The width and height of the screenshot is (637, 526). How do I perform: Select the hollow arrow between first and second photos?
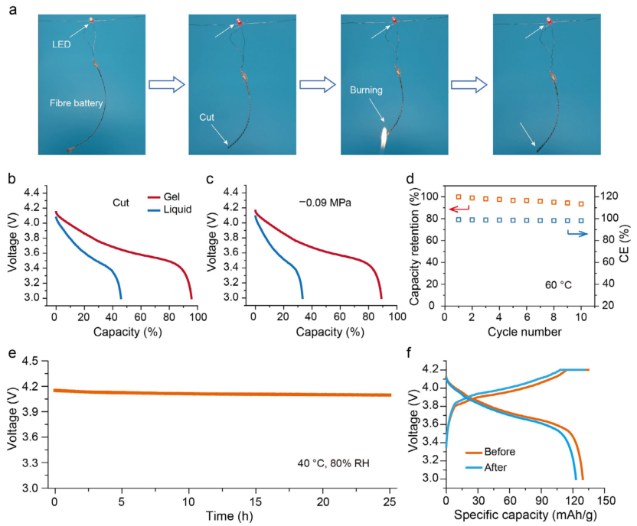(x=164, y=83)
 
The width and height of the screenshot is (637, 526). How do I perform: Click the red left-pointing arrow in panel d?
(x=459, y=207)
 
